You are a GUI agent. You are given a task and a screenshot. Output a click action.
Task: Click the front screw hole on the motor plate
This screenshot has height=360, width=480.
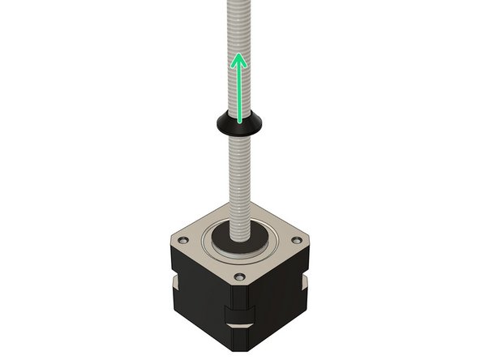[x=239, y=277]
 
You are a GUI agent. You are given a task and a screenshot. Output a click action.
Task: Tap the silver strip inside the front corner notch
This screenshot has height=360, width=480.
[x=239, y=328]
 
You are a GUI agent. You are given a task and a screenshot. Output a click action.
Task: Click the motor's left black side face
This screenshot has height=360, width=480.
[x=203, y=300]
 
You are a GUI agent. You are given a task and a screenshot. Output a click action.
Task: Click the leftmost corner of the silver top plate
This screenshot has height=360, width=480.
[x=171, y=243]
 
